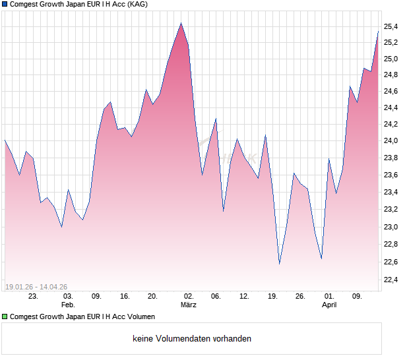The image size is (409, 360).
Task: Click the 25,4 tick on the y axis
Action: (x=391, y=26)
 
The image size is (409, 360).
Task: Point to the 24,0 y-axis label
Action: (x=391, y=141)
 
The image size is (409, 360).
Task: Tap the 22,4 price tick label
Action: (x=391, y=280)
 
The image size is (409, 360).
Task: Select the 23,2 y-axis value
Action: (x=391, y=210)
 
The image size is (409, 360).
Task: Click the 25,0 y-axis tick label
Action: (x=391, y=59)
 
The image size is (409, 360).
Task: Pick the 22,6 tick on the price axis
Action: (x=391, y=262)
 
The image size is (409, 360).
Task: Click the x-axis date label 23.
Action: (x=33, y=297)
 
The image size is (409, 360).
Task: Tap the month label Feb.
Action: (x=68, y=305)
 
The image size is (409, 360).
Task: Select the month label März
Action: (x=189, y=305)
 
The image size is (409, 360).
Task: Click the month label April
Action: (x=329, y=305)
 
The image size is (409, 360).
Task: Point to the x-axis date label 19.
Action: (x=272, y=297)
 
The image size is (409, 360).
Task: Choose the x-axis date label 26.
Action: (x=300, y=297)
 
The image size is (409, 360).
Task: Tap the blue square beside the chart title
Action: (x=5, y=5)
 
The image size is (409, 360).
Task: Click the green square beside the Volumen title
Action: (x=5, y=317)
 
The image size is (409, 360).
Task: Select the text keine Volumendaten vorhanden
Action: (x=192, y=339)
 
